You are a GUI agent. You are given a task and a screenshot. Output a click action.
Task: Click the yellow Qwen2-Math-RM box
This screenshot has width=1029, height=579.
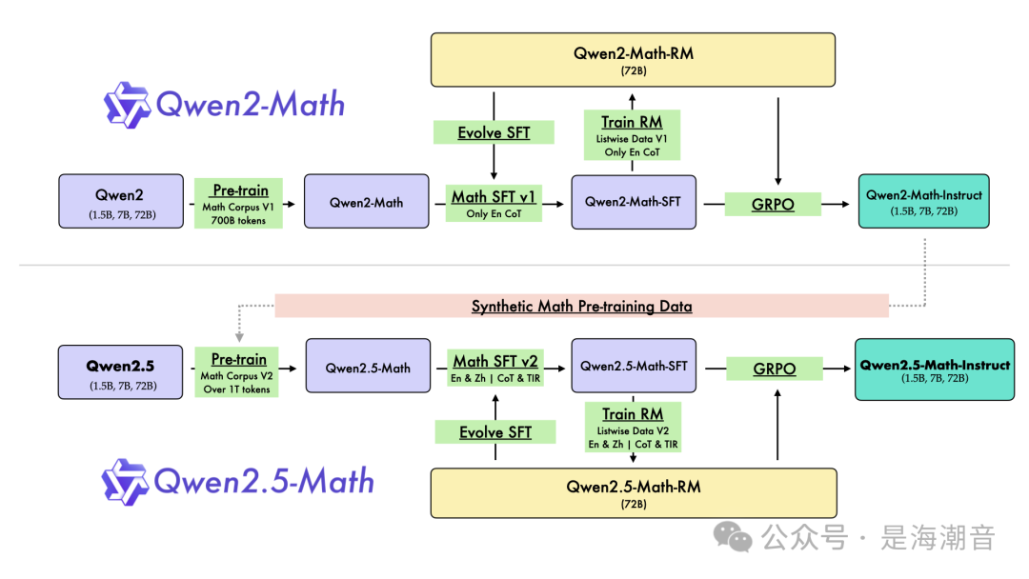point(633,60)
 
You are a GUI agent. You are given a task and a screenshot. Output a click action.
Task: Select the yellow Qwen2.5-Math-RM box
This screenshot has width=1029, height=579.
point(634,492)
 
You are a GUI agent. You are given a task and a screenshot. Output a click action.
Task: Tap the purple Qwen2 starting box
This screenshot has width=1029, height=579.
point(121,201)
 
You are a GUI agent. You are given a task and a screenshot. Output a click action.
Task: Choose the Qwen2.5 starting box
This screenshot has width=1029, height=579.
point(120,371)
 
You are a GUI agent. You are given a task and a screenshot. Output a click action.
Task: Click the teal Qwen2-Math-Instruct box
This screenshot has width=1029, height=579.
point(923,201)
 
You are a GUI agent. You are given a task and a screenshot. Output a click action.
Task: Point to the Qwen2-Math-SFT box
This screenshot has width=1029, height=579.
point(634,201)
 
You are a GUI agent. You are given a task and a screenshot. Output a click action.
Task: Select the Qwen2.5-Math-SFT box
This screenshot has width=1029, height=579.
point(634,367)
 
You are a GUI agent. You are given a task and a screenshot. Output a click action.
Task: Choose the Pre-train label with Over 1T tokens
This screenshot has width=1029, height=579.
point(238,372)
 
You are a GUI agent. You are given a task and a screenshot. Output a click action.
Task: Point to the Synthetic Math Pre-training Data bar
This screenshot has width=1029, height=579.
point(581,306)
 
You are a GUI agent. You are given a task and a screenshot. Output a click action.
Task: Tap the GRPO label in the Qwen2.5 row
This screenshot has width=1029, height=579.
point(774,369)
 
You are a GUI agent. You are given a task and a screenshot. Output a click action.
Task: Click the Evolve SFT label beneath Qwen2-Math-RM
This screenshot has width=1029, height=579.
point(494,132)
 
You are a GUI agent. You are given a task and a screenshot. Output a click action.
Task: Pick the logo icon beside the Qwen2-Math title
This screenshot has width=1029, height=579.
point(127,105)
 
